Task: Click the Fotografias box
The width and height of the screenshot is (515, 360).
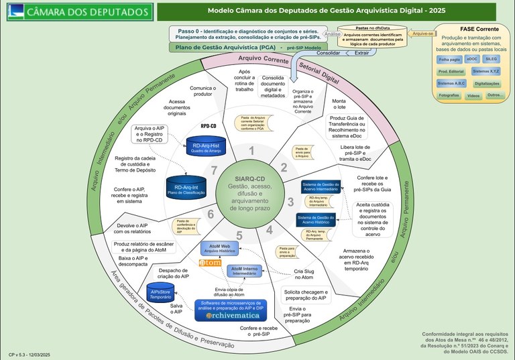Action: pyautogui.click(x=449, y=96)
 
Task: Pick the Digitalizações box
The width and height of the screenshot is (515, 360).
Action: pyautogui.click(x=487, y=83)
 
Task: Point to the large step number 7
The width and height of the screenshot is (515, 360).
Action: pyautogui.click(x=215, y=171)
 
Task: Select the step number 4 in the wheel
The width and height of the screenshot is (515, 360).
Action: pyautogui.click(x=270, y=229)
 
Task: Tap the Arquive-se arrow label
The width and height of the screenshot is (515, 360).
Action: pyautogui.click(x=422, y=33)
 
